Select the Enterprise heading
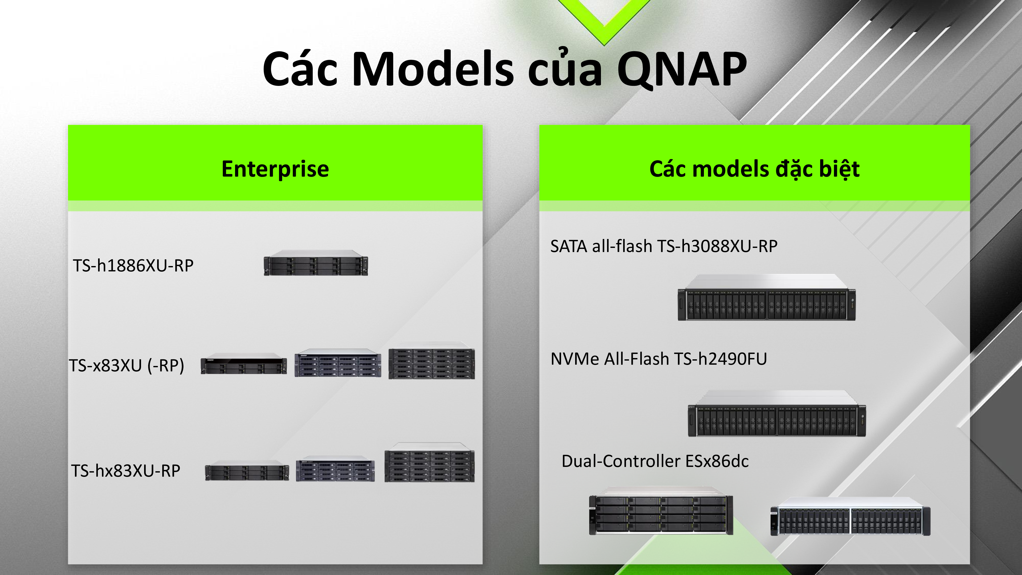(275, 169)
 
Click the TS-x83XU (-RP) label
(126, 365)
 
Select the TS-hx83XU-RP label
(126, 471)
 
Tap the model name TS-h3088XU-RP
(717, 246)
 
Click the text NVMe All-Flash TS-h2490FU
(659, 359)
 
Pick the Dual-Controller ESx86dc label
(655, 461)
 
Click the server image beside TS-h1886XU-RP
(316, 263)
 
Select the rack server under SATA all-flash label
(766, 298)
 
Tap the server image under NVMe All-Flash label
(777, 414)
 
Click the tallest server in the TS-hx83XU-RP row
(429, 463)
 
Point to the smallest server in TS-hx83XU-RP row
(247, 471)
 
